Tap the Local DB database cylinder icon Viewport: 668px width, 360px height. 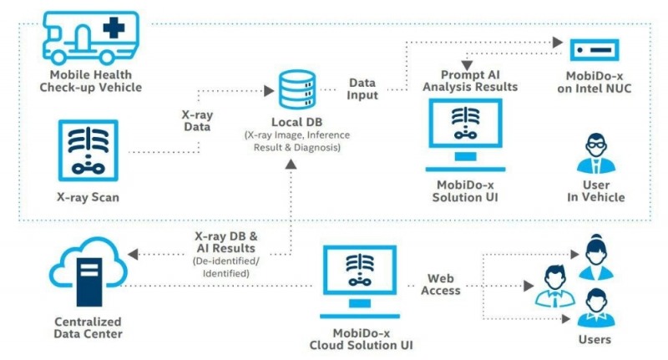[x=297, y=89]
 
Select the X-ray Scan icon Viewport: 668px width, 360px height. [x=89, y=150]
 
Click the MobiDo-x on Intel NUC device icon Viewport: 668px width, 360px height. [x=595, y=50]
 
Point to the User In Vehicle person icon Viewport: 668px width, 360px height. [x=596, y=154]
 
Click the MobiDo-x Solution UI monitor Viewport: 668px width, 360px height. [x=465, y=135]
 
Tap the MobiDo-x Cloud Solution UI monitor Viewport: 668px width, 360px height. [x=360, y=281]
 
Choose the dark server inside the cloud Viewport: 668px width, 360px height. [x=89, y=282]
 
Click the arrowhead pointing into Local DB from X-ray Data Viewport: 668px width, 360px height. [x=269, y=91]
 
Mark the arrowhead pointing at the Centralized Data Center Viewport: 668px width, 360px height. [x=133, y=255]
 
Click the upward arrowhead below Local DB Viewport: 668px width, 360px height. [x=291, y=164]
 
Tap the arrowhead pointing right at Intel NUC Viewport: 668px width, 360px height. [x=558, y=42]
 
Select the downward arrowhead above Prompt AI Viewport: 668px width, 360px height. [x=467, y=65]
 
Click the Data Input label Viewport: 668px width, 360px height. [x=362, y=89]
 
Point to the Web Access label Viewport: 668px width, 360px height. [x=441, y=284]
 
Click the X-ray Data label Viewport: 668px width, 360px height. [x=197, y=120]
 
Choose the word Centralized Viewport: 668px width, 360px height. [x=89, y=322]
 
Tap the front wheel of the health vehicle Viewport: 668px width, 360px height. [x=58, y=57]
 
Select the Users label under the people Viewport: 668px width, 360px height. [x=595, y=340]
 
